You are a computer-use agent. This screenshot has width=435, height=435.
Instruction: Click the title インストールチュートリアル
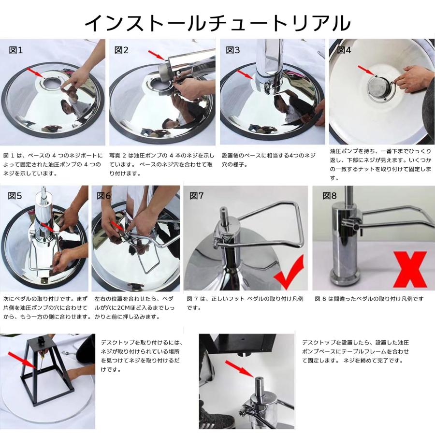(217, 23)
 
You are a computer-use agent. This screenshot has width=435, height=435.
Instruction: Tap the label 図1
(16, 50)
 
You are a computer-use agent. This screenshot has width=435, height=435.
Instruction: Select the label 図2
(121, 50)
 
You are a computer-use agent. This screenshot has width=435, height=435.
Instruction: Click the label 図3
(233, 50)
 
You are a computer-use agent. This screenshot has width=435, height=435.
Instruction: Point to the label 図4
(344, 50)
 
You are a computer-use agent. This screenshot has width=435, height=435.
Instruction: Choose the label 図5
(14, 196)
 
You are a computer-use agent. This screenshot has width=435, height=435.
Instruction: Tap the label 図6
(103, 196)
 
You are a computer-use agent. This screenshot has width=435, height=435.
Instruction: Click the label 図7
(197, 196)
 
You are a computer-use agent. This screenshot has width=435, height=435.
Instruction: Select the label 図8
(330, 196)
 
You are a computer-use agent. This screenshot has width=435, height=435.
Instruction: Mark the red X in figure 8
(410, 269)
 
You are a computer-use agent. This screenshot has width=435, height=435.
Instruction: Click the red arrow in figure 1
(35, 72)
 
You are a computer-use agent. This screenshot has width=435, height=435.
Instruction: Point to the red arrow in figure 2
(157, 55)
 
